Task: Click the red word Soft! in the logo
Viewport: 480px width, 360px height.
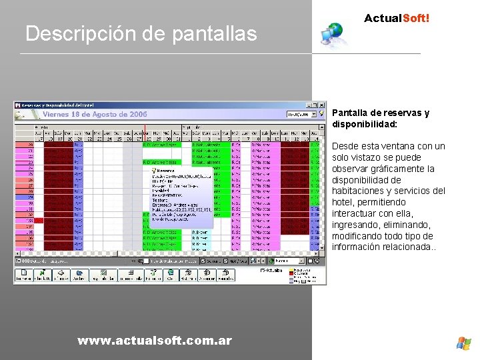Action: [415, 19]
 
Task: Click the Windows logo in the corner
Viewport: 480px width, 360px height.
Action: [463, 343]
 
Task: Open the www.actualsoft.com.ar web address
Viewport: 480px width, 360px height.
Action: [155, 341]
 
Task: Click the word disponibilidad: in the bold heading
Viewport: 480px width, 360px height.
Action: [364, 124]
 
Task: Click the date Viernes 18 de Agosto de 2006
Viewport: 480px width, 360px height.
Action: [93, 115]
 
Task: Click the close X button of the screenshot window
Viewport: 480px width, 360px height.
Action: [322, 105]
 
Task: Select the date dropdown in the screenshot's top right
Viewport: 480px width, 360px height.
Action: [302, 115]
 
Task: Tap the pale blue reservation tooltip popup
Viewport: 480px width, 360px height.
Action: [181, 193]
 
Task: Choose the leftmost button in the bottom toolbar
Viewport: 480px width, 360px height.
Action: [24, 275]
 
